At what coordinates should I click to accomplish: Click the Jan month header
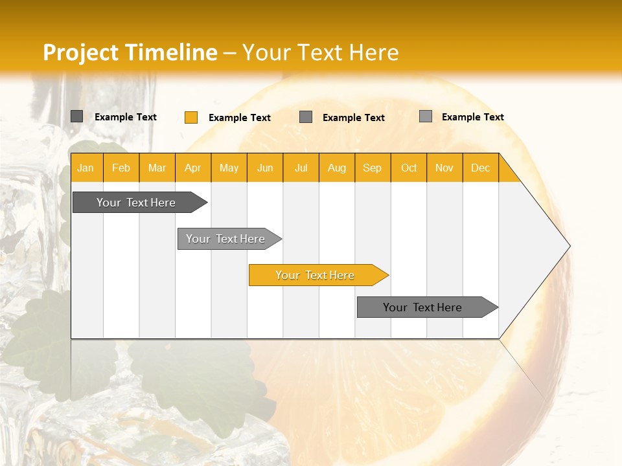coord(86,168)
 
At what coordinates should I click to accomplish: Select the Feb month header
coord(121,168)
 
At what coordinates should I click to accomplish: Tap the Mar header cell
coord(157,168)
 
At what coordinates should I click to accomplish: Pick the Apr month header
coord(193,168)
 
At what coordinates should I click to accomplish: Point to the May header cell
coord(229,168)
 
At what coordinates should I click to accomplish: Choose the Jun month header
coord(265,168)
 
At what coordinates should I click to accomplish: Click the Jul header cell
coord(301,168)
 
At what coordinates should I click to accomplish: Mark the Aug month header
coord(337,168)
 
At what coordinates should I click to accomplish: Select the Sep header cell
coord(373,168)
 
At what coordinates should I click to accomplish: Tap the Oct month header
coord(409,168)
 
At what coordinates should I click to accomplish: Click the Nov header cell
coord(444,168)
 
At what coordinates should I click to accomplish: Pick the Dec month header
coord(480,168)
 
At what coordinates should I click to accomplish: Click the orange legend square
coord(191,117)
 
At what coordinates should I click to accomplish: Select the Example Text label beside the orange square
coord(240,118)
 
